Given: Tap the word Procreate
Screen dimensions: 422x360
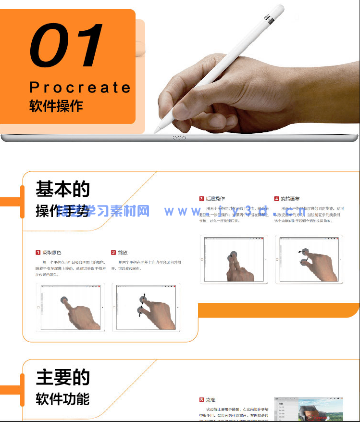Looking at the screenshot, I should (80, 87).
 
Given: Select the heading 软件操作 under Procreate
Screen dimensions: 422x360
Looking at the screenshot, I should (56, 106).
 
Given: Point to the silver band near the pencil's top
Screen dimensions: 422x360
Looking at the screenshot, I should (271, 20).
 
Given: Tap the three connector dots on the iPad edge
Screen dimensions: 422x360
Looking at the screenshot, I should (179, 138).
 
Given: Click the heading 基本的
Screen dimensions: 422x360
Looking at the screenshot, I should (62, 189).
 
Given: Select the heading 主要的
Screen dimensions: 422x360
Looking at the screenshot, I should (62, 377).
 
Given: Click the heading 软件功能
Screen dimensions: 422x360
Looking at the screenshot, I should (62, 399).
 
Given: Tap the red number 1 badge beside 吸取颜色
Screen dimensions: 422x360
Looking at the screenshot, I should (38, 253).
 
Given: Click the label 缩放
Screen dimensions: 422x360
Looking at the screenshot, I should (123, 253).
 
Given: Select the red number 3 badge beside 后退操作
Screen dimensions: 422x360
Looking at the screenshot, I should (201, 199).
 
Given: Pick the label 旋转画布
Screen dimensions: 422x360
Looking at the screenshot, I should (291, 199).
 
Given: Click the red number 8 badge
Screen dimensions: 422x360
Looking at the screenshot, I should (201, 400).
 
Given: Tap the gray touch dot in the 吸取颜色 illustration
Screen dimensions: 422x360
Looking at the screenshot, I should (65, 300).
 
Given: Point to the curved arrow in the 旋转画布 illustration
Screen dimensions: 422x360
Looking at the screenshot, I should (300, 251).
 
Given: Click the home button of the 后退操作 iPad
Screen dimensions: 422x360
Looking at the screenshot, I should (202, 259).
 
